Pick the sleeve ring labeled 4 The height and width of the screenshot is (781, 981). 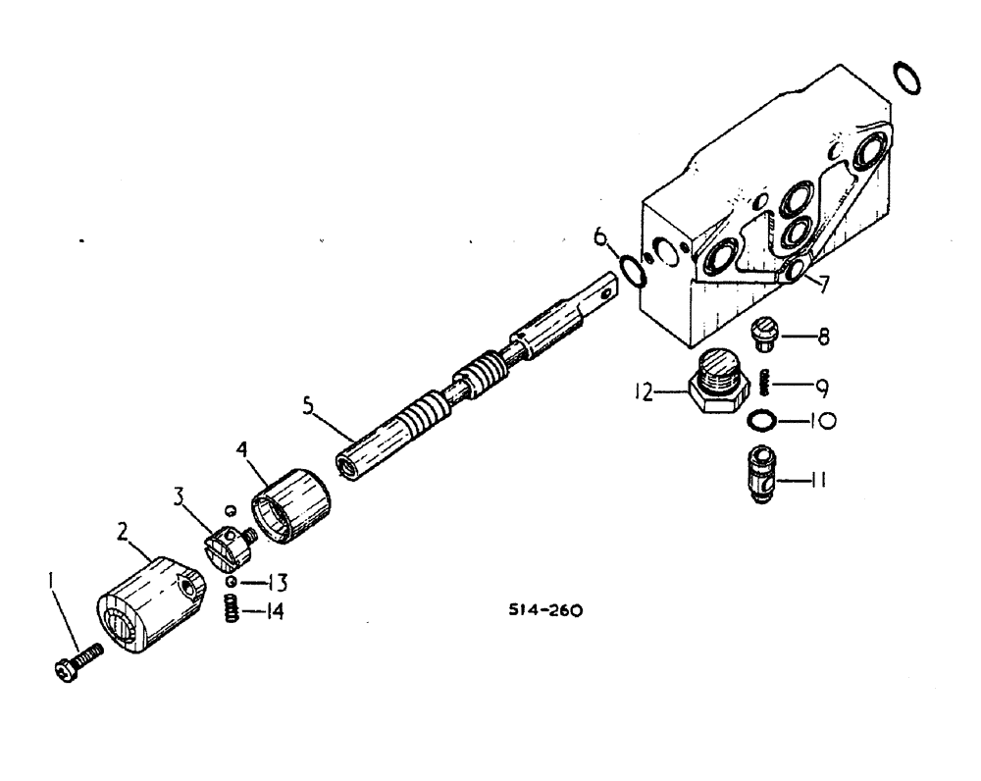tap(291, 504)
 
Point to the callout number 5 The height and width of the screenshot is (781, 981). tap(311, 404)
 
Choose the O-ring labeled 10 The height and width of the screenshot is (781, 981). tap(762, 421)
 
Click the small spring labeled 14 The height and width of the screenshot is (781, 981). tap(228, 610)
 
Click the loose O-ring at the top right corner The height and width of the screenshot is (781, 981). tap(908, 78)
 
